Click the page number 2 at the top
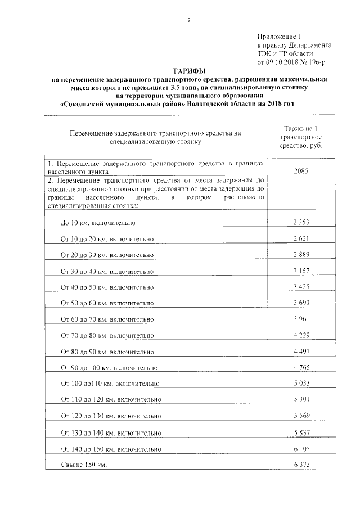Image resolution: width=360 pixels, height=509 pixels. coord(189,21)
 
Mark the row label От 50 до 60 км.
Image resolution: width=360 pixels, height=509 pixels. coord(107,304)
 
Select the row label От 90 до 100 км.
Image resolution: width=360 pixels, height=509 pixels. coord(109,368)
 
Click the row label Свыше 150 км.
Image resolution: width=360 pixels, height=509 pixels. coord(84,466)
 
